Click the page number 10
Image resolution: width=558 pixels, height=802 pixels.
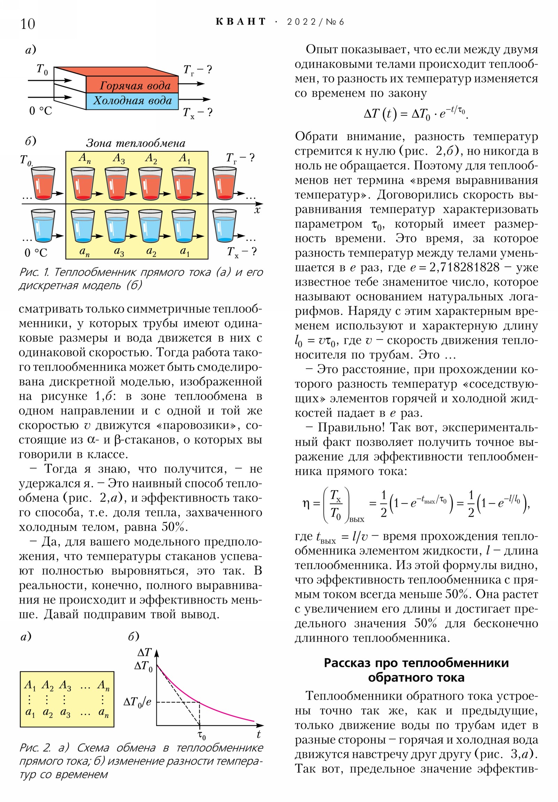pos(28,24)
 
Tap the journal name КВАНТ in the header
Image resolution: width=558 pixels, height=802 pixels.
pos(240,22)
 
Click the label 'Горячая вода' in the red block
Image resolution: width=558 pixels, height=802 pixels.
pos(135,85)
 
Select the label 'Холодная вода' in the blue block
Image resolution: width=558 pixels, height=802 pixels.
pos(133,101)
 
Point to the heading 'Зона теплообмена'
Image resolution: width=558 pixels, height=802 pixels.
pos(136,143)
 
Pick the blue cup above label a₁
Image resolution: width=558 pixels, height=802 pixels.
pos(183,226)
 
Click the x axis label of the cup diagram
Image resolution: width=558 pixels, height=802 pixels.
pos(257,210)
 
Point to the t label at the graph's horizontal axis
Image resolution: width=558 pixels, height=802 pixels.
pos(258,734)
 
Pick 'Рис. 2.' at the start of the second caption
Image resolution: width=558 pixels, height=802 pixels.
pos(35,748)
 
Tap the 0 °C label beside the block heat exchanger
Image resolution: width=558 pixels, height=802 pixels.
pos(40,111)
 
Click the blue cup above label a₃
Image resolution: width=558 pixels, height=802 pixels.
pos(117,226)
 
